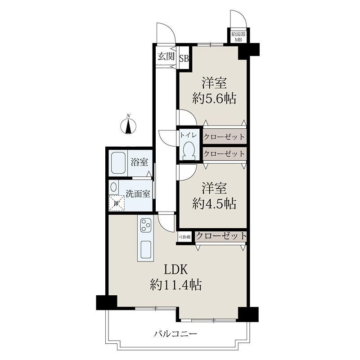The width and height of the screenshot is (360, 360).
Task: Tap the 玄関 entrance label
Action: coord(166,56)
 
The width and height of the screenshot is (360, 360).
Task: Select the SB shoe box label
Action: coord(184,58)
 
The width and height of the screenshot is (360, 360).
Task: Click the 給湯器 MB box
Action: coord(238,37)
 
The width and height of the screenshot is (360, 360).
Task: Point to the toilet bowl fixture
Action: coord(189,151)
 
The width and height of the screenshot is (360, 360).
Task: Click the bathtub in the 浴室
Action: coord(118,163)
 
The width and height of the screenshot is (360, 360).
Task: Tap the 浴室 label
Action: coord(139,162)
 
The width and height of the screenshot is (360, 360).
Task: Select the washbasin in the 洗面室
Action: coord(113,187)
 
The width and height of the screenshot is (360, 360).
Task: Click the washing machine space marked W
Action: coord(117,203)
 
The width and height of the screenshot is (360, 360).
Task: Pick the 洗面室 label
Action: coord(138,194)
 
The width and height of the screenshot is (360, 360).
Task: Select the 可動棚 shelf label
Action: coord(184,237)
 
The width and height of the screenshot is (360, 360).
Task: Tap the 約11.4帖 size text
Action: coord(176,285)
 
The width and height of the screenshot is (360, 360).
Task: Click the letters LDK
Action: coord(175,270)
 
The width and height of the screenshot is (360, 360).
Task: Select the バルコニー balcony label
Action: coord(175,333)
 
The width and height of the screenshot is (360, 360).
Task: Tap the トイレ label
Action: coord(188,135)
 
